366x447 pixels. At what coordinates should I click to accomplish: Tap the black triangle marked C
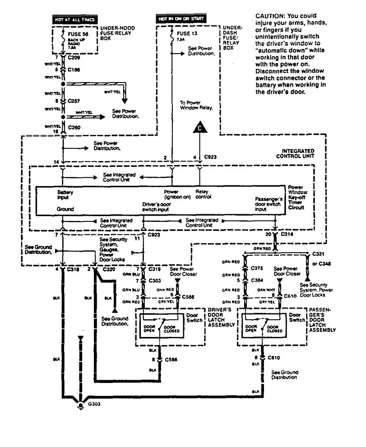tap(199, 129)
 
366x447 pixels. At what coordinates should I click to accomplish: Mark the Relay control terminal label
tap(204, 194)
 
